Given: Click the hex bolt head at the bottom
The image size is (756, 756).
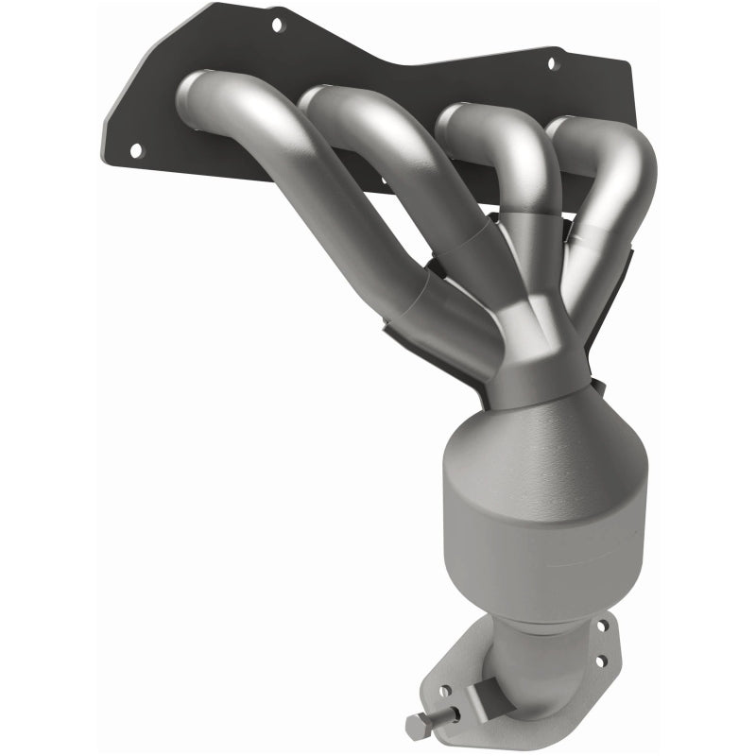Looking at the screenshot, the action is pos(417,726).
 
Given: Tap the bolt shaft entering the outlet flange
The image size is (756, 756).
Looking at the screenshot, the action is pos(443,715).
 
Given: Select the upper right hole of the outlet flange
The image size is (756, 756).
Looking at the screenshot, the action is pos(603,626).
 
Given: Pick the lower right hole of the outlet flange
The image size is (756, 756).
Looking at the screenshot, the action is pos(601,661).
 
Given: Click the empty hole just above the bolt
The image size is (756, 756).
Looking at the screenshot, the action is pos(445,691).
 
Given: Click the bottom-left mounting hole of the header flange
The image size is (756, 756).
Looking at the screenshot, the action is pos(135,149).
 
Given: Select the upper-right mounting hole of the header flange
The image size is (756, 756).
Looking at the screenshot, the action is pos(555,63).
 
